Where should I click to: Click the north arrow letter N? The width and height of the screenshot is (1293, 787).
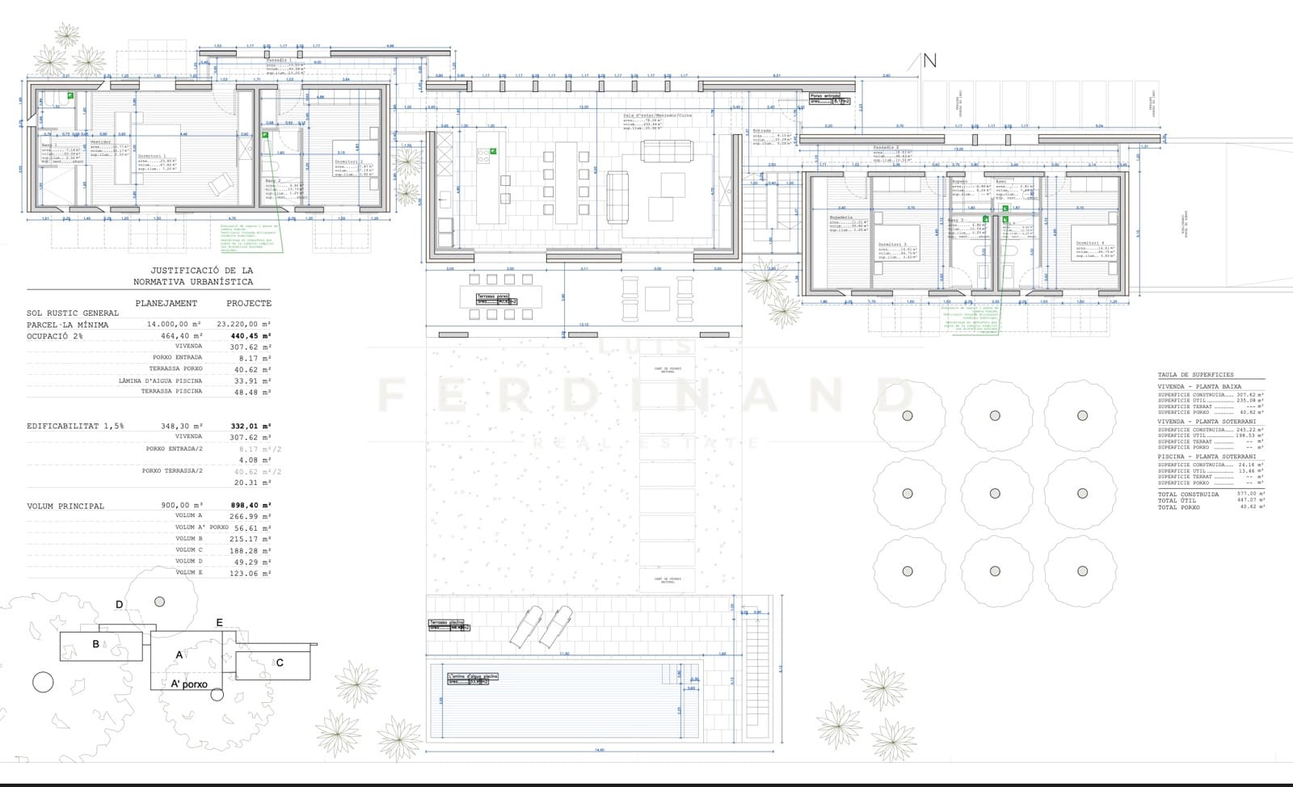[x=929, y=61]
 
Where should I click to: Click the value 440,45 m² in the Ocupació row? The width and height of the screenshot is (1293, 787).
[x=250, y=335]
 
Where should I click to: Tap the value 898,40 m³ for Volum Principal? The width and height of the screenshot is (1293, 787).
[x=250, y=505]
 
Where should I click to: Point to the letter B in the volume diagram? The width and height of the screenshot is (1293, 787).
[x=95, y=644]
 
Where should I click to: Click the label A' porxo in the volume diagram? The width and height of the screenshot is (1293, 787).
[x=188, y=684]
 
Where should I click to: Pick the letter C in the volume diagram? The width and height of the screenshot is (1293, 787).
[x=280, y=663]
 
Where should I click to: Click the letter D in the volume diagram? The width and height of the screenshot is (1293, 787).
[x=119, y=604]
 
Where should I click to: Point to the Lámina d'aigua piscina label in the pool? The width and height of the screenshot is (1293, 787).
[x=474, y=676]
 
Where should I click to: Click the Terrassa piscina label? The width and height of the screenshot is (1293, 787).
[x=447, y=623]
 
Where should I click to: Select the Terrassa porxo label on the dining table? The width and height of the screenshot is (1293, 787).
[x=494, y=297]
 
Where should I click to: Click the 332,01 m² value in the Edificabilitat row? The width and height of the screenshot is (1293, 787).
[x=250, y=426]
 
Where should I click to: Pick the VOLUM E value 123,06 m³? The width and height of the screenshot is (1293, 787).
[x=250, y=573]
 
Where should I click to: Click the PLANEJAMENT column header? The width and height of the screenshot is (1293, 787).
[x=166, y=303]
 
